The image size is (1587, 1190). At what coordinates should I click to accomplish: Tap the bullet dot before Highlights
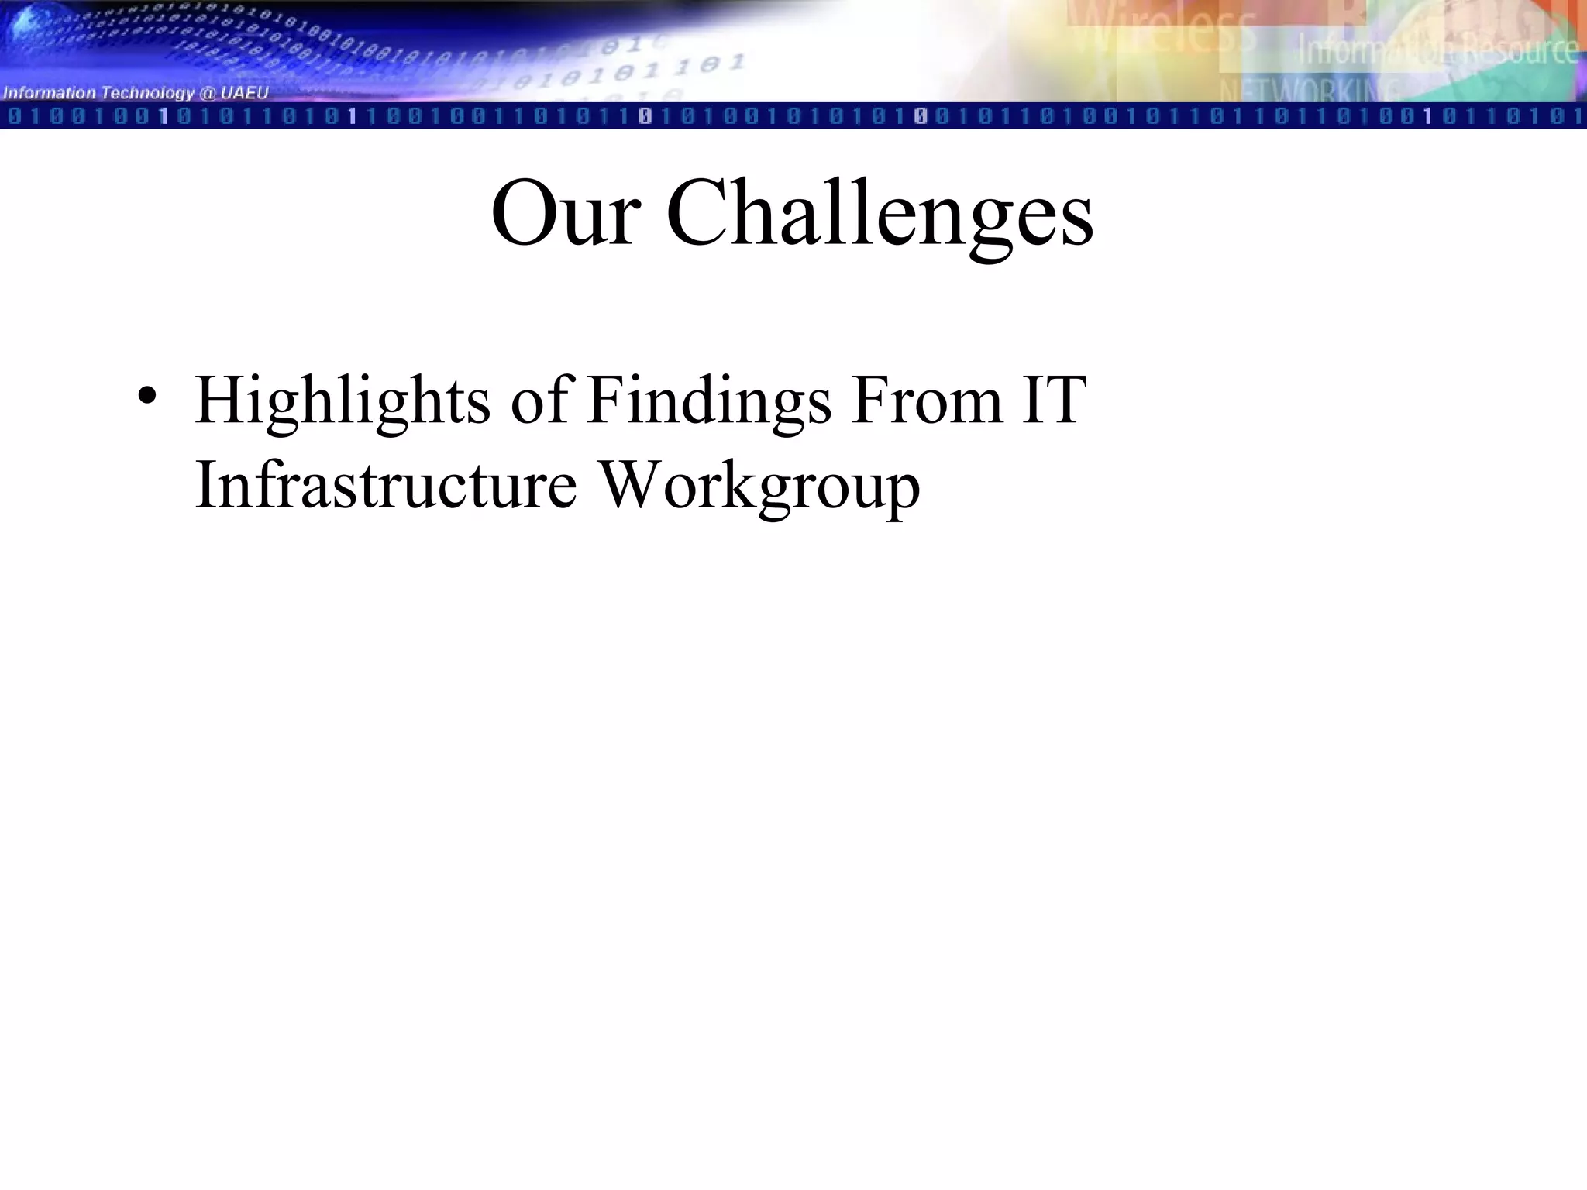(x=148, y=396)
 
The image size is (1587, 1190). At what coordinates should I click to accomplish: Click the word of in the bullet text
(x=539, y=401)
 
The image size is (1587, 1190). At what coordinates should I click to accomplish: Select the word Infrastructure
(x=386, y=485)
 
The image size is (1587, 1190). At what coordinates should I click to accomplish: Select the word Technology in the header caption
(x=147, y=94)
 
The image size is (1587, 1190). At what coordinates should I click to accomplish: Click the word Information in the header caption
(x=50, y=94)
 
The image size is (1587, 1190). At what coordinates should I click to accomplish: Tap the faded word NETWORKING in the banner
(x=1310, y=91)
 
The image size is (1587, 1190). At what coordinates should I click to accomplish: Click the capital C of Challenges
(x=696, y=213)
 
